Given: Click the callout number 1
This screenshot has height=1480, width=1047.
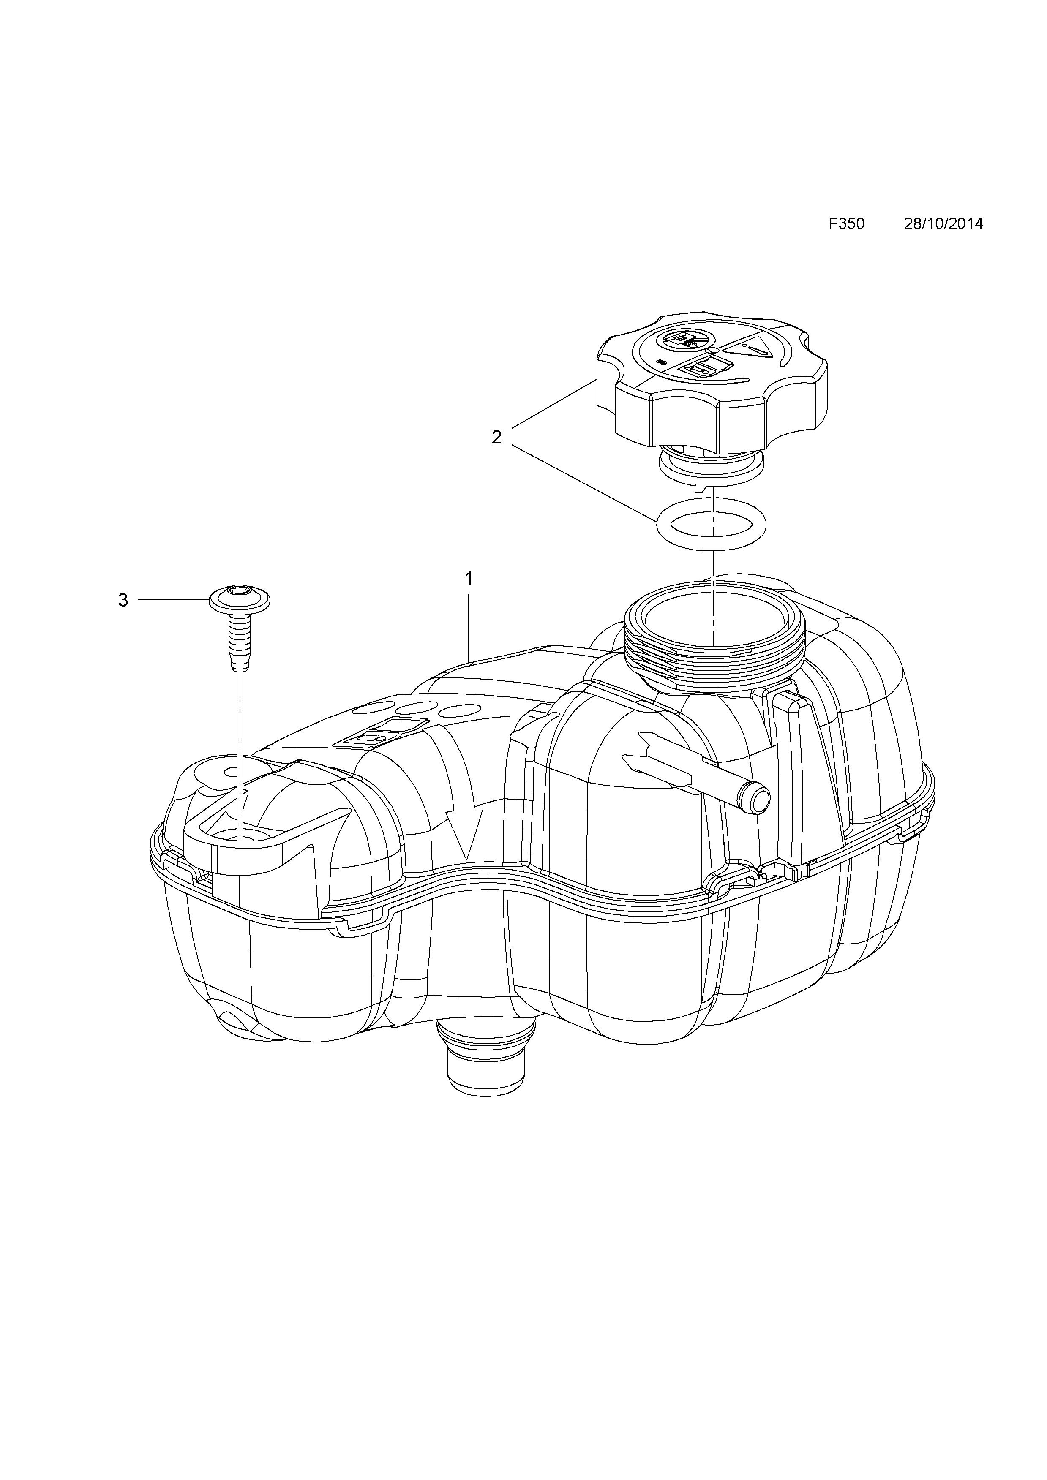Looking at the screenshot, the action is [469, 579].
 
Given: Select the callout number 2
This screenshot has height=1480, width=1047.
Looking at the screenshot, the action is [496, 438].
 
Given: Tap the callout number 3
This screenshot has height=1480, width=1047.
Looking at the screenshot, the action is [123, 601].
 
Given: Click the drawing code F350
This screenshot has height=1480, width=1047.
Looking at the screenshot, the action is [846, 224].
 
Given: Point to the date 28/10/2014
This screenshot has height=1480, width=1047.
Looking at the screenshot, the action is [943, 224].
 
